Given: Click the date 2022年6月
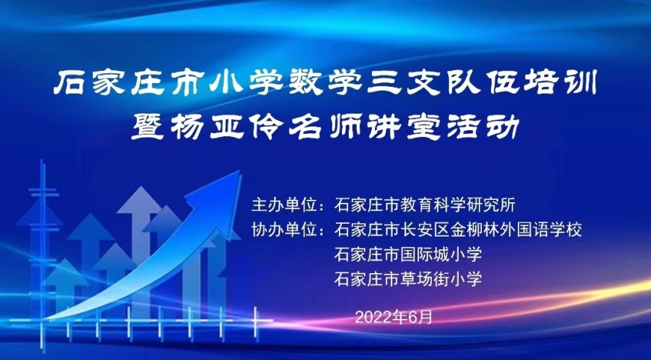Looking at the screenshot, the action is point(394,317).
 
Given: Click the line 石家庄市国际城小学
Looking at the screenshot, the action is point(408,254).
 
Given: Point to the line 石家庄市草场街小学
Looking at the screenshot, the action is point(408,278).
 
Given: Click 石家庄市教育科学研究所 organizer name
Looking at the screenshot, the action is point(424,205).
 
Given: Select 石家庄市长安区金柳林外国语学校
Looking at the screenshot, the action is point(458,230).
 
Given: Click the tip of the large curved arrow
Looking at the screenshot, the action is point(240,171).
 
